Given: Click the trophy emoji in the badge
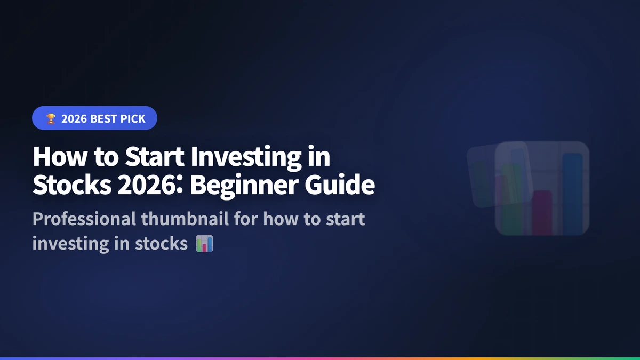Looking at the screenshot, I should (x=50, y=119).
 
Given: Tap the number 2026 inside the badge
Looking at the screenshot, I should (x=74, y=119).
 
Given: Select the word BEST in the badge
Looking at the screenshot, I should (x=103, y=119).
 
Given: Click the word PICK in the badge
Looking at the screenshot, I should (x=133, y=119).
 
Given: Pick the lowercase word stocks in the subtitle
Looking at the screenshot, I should (x=162, y=243).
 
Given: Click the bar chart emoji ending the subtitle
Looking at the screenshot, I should (x=204, y=244).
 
